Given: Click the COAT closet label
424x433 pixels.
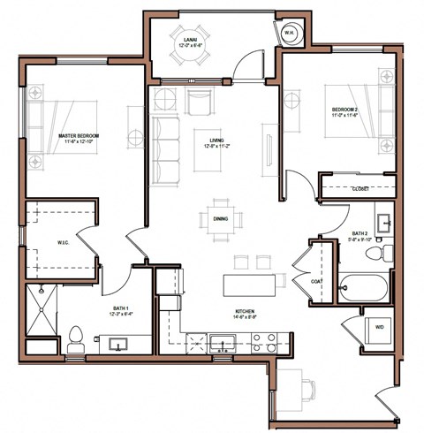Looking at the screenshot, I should (x=316, y=282).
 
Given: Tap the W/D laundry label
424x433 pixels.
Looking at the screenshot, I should (x=378, y=327).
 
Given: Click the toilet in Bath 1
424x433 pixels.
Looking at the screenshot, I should (x=77, y=338).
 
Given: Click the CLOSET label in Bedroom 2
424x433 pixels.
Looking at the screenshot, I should (x=360, y=189).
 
